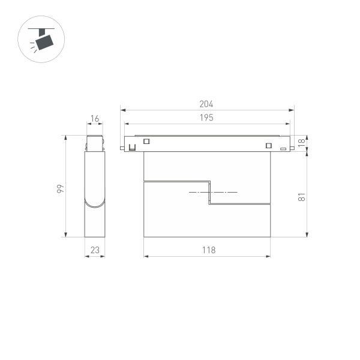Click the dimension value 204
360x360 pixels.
coord(207,104)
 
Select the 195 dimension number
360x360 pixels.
coord(207,118)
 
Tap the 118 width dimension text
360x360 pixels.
coord(208,250)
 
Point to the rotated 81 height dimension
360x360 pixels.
coord(302,196)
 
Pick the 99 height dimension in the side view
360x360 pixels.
coord(60,189)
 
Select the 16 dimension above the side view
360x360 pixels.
coord(94,119)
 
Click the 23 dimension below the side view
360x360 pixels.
coord(94,250)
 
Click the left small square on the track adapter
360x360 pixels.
coord(146,142)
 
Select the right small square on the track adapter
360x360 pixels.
coord(268,143)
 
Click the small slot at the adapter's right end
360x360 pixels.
coord(283,148)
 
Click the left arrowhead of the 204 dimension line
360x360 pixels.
coord(122,110)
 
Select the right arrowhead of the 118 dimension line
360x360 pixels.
coord(269,256)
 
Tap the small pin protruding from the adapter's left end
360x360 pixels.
coord(122,147)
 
